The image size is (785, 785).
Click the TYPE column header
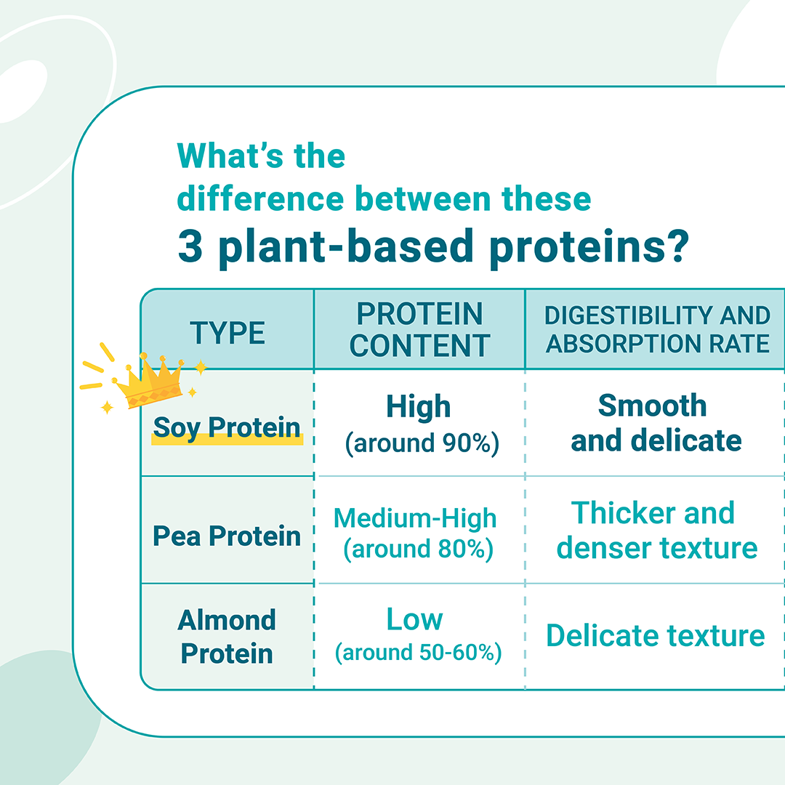coord(228,333)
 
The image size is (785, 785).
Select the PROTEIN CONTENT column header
coord(419,329)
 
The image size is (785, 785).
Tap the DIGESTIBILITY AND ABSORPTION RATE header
coord(657,329)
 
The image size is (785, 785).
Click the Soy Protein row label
coord(227,427)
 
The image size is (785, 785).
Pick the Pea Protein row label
coord(227,536)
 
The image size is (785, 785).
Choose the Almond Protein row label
coord(227,637)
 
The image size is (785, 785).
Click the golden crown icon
coord(149,380)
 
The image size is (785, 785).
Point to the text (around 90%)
coord(422,443)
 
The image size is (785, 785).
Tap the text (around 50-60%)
coord(419,653)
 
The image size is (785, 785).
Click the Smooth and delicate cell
coord(656,423)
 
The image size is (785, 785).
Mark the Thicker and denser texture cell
coord(657,530)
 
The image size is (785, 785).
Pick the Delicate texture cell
coord(656,636)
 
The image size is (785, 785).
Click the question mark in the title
coord(680,246)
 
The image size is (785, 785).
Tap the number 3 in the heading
coord(190,246)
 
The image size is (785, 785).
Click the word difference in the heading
coord(260,198)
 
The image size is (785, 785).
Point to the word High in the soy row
coord(419,406)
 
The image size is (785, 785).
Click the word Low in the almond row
coord(414,619)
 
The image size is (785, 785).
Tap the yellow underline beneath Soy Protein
coord(228,440)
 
